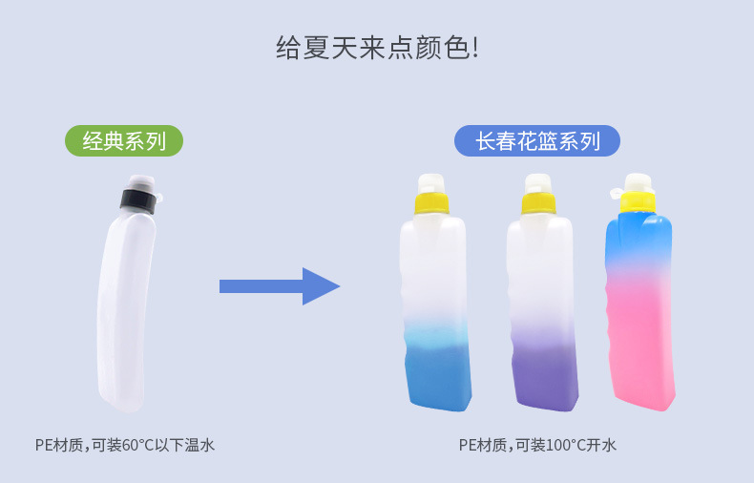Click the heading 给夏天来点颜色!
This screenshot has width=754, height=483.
(x=376, y=48)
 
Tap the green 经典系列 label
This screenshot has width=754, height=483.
(x=124, y=141)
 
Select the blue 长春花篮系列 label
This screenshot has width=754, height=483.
(x=536, y=141)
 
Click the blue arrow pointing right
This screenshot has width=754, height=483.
(x=279, y=286)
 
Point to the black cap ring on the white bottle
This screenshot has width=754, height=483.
(x=137, y=200)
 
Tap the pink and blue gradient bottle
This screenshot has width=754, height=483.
(x=639, y=305)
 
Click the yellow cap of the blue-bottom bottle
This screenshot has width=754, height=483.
(x=430, y=203)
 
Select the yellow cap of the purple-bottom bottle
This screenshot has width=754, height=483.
(x=538, y=203)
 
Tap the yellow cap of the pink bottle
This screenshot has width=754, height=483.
(x=638, y=199)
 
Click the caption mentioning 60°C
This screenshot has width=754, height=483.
(x=125, y=445)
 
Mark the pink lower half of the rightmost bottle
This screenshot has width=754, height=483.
(x=641, y=344)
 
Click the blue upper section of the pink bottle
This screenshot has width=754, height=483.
(x=638, y=239)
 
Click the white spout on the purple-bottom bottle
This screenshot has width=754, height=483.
(x=537, y=182)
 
